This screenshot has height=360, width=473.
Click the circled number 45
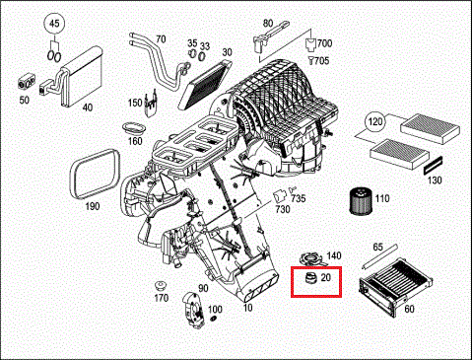tap(54, 24)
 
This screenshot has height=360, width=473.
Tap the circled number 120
tap(375, 122)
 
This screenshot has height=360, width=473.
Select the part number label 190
tap(93, 206)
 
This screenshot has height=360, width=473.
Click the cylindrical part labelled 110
tap(361, 200)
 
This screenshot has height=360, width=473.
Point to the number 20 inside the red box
tap(325, 278)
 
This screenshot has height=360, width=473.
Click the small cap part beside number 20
tap(310, 278)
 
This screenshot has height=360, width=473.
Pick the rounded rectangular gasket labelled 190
tap(95, 174)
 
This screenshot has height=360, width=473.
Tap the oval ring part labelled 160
tap(134, 128)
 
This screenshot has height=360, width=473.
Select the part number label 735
tap(299, 198)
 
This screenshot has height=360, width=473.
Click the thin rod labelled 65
tap(379, 256)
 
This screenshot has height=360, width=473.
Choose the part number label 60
tap(409, 309)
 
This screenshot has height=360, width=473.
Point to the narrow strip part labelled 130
tap(433, 166)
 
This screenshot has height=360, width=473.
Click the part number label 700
tap(324, 43)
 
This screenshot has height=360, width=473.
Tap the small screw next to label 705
tap(310, 60)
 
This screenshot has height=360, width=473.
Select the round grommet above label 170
tap(161, 286)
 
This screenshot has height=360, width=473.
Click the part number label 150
tap(135, 103)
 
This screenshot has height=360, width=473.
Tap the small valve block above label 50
tap(26, 82)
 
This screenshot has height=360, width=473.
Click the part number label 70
tap(161, 39)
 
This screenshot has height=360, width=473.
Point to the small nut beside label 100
tap(213, 319)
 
